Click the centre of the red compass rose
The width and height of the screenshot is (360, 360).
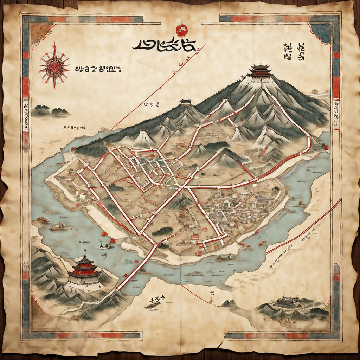(54, 66)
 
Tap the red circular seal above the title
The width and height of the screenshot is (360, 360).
(182, 31)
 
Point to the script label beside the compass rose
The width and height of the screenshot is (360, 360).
(98, 69)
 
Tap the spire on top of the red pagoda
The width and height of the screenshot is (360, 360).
(84, 253)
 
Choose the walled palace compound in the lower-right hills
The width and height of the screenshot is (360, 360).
(287, 303)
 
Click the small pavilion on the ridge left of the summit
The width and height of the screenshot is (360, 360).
(185, 102)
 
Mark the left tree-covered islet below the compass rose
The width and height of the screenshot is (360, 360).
(42, 110)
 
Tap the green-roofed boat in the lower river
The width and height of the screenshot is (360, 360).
(226, 257)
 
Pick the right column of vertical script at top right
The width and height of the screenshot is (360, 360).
(301, 52)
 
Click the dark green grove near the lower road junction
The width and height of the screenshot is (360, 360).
(162, 231)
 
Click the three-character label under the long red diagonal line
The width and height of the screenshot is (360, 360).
(152, 104)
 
